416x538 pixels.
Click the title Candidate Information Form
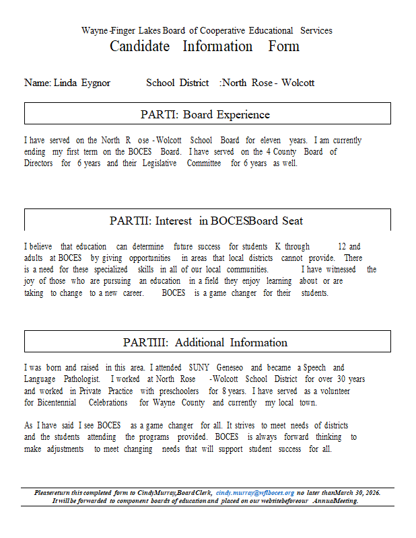click(205, 46)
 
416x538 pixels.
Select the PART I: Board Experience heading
click(205, 114)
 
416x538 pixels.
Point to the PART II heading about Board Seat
click(206, 221)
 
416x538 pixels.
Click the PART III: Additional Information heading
click(205, 342)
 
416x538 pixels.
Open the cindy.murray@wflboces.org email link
click(255, 493)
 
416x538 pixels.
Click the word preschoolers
click(179, 391)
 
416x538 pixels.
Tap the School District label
click(177, 83)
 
